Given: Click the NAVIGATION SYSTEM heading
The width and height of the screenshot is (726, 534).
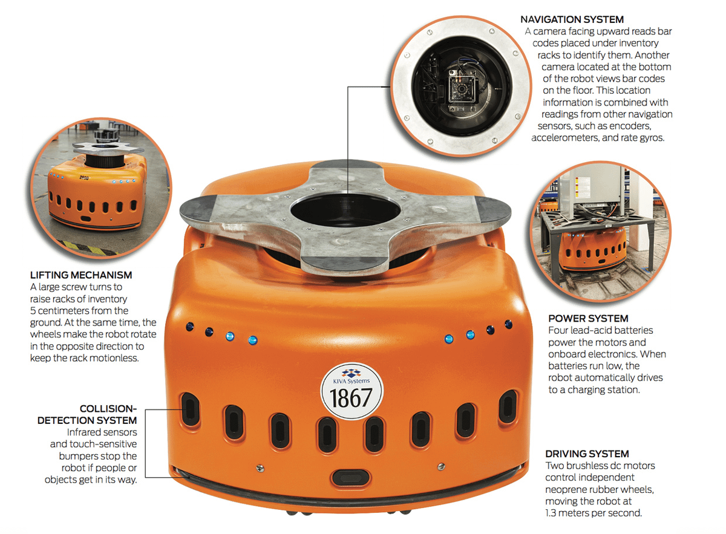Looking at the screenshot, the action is point(572,19).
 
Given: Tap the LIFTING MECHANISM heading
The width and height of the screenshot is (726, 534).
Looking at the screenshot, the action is point(81,275).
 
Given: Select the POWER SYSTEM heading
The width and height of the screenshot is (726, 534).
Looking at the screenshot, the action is point(588,319).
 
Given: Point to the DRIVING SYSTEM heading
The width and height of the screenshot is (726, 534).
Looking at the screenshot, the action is point(587,454).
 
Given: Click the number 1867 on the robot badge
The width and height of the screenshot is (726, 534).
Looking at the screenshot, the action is point(351,398).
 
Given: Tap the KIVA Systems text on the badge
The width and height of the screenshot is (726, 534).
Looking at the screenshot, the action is point(352,381).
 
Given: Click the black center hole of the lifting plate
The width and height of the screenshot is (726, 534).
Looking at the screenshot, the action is point(345,210).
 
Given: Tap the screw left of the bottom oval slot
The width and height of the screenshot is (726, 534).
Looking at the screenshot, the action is point(260,468).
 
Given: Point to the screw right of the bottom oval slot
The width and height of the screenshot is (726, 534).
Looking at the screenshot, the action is point(441,467).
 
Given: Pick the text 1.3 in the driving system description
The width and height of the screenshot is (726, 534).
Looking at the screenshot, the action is point(551,513).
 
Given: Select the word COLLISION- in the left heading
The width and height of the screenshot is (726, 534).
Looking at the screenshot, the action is point(108,409).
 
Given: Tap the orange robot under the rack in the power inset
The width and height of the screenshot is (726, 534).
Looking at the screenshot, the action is point(592,248).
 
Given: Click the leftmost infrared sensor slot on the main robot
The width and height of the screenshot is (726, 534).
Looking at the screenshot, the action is point(190,409).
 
